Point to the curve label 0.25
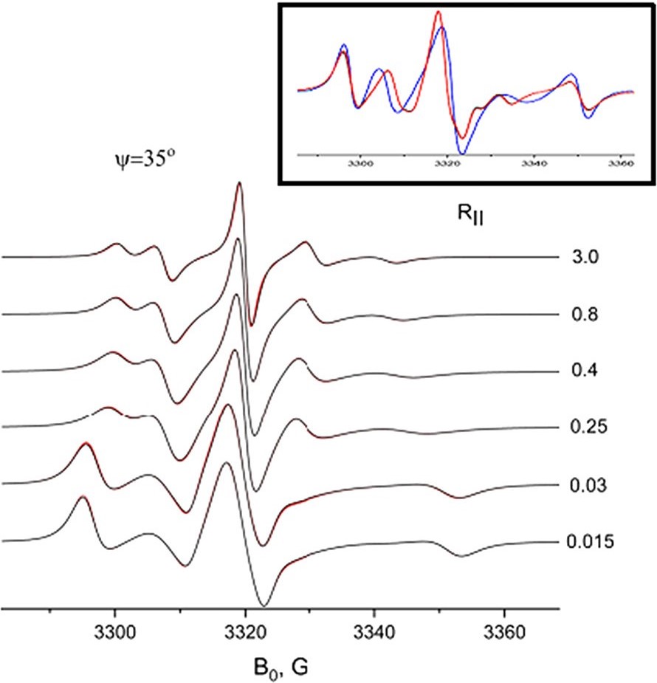tap(587, 428)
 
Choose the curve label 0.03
tap(587, 485)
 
